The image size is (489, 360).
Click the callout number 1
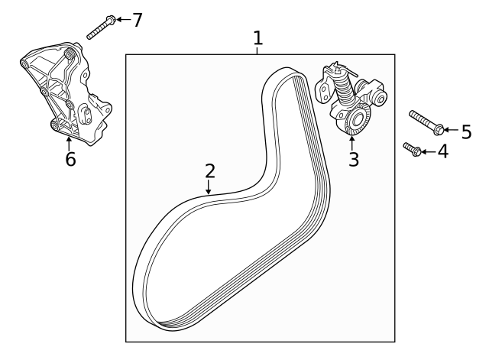pos(258,37)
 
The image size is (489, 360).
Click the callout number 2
pos(209,172)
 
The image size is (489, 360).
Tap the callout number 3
pos(353,160)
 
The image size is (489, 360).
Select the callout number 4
pos(442,151)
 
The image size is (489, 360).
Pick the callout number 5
pos(466,132)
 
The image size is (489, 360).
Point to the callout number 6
pos(70,160)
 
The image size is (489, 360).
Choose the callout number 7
pos(137,20)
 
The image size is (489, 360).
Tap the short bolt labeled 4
pos(413,148)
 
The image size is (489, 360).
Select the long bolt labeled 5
pos(424,122)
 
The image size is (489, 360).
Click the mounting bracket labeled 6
pos(69,96)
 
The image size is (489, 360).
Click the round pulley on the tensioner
pos(356,118)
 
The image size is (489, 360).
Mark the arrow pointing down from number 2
pos(209,188)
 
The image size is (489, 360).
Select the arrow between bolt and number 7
pos(122,19)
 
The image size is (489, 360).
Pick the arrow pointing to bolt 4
pos(427,152)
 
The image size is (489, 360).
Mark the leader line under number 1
pos(258,50)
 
